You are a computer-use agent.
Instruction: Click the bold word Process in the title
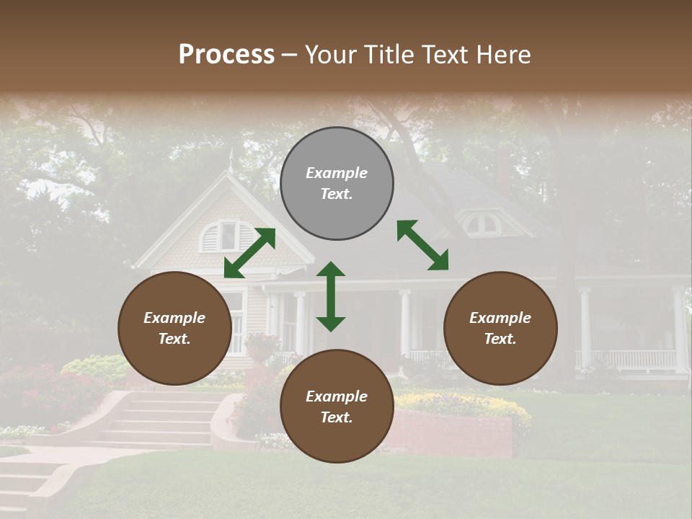tap(226, 55)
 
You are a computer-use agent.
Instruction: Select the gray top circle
tap(337, 184)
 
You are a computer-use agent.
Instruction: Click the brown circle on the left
tap(174, 328)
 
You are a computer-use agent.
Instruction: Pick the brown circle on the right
tap(500, 328)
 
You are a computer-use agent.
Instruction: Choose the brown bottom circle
tap(337, 407)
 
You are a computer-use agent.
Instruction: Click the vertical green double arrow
tap(331, 296)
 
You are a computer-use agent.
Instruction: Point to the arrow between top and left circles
tap(249, 253)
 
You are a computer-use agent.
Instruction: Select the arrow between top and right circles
tap(422, 245)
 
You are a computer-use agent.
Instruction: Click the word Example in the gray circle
tap(337, 173)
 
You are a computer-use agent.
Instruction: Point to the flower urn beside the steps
tap(261, 348)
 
